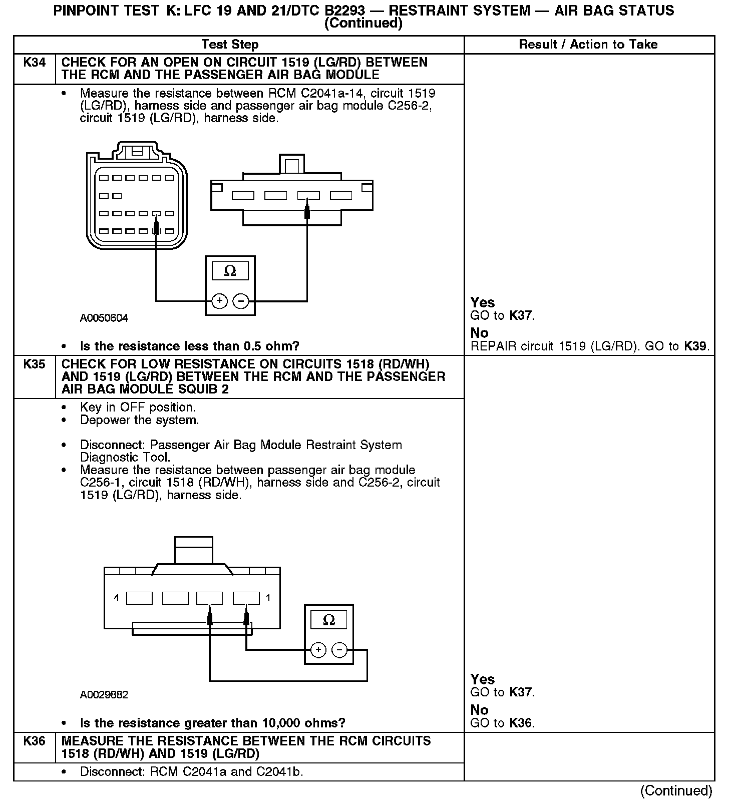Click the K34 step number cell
(34, 63)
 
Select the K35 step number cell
(34, 364)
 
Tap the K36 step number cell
(34, 741)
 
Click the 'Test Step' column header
(230, 45)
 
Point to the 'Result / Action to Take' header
(588, 45)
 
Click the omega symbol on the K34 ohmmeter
(230, 271)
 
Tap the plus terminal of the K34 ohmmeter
(219, 301)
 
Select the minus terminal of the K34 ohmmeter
(241, 301)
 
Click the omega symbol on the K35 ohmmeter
(329, 620)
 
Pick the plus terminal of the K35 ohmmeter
(318, 650)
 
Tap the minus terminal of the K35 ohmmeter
(340, 650)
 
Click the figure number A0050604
(104, 318)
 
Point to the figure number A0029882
(104, 695)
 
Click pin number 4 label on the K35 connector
(117, 598)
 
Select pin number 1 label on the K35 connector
(268, 598)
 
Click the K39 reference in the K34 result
(696, 346)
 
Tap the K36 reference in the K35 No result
(521, 723)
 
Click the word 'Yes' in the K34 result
(483, 302)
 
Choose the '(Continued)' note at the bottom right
(676, 790)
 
